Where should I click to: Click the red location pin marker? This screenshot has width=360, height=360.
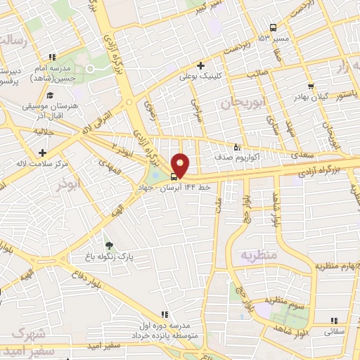pos(181,164)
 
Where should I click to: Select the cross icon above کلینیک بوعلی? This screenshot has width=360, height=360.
pos(201,65)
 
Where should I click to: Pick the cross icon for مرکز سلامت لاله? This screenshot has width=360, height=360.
pos(44,152)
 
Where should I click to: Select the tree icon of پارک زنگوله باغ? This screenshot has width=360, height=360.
pos(108,245)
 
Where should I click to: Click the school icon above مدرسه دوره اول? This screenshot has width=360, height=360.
pos(163,314)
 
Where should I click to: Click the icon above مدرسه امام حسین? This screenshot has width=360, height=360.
pos(51,57)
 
